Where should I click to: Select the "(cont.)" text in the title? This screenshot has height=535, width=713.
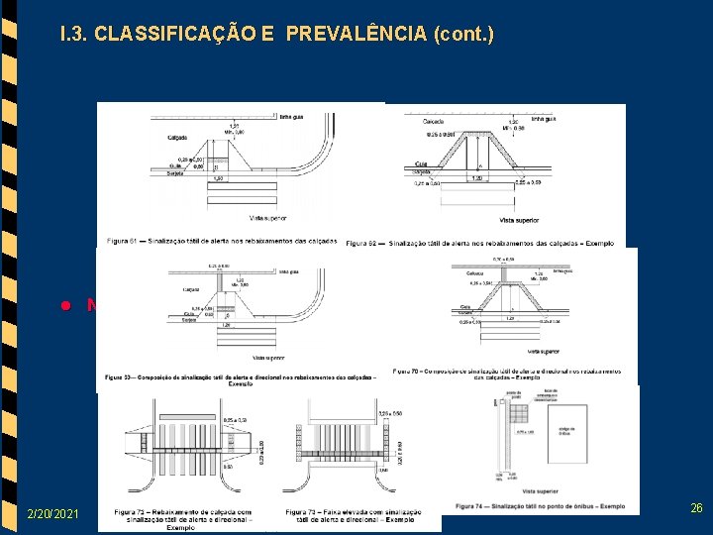coord(462,35)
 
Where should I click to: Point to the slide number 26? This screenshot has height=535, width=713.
coord(696,508)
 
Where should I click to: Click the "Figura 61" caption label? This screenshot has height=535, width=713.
coord(124,241)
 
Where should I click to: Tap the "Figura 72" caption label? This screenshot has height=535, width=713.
coord(132,511)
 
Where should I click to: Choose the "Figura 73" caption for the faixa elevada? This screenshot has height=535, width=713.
coord(303,511)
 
